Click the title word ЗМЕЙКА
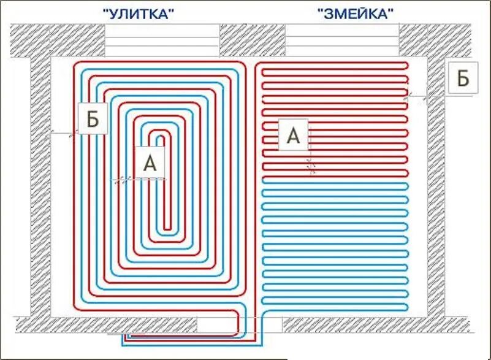pyautogui.click(x=356, y=13)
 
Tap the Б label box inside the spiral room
pyautogui.click(x=93, y=119)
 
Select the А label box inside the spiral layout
pyautogui.click(x=150, y=163)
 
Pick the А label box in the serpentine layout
pyautogui.click(x=294, y=136)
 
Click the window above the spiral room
pyautogui.click(x=162, y=41)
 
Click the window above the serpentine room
pyautogui.click(x=342, y=41)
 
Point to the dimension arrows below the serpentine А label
pyautogui.click(x=311, y=164)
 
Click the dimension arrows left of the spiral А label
pyautogui.click(x=123, y=179)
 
